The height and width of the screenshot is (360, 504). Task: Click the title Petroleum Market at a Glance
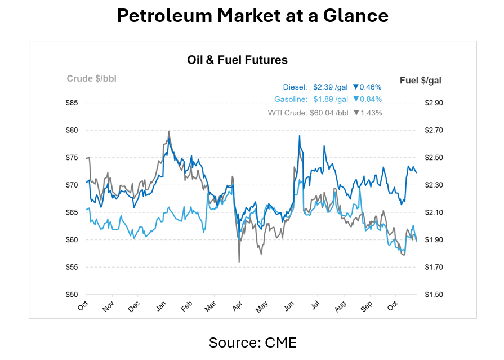click(x=252, y=16)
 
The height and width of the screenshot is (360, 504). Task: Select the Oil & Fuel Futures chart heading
click(x=237, y=60)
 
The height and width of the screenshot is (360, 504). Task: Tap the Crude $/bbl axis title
click(x=91, y=78)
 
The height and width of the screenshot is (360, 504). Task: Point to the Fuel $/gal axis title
click(x=420, y=81)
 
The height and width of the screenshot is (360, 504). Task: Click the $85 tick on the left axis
click(x=71, y=103)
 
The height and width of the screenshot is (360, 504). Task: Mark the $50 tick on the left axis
click(x=71, y=295)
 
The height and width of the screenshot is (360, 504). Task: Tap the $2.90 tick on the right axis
click(x=434, y=103)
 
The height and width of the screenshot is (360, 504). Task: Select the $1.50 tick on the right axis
click(x=434, y=295)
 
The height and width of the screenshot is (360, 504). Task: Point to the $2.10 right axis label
click(x=434, y=212)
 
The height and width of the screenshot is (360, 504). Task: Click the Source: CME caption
click(x=252, y=342)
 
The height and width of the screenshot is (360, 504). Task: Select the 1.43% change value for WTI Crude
click(x=371, y=113)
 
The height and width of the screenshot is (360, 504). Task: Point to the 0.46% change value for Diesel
click(x=371, y=87)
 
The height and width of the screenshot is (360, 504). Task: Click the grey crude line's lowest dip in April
click(x=239, y=261)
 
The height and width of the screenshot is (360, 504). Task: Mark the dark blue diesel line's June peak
click(x=299, y=136)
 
